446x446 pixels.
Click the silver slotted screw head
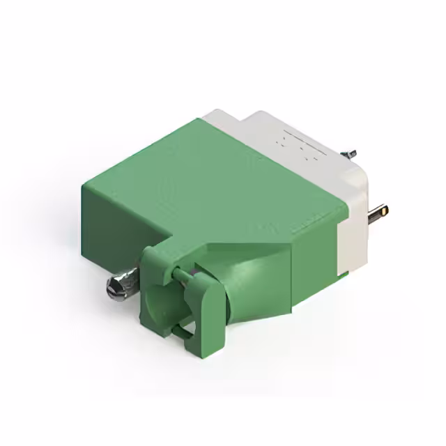pos(111,286)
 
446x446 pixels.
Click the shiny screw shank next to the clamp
pos(132,280)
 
